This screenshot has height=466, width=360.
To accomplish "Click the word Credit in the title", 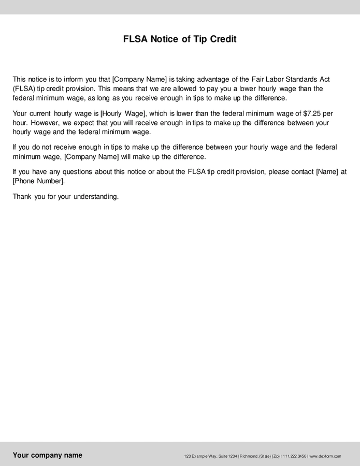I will pos(223,39).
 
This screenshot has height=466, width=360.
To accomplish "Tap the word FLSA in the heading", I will pos(135,39).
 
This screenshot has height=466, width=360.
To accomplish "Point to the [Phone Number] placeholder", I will pos(39,181).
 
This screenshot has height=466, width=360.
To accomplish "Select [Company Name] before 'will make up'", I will pos(92,156).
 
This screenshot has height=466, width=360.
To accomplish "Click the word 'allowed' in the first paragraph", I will pos(183,89).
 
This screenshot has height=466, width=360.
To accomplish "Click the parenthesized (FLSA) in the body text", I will pos(23,89).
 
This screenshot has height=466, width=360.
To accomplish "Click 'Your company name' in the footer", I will pos(47,455).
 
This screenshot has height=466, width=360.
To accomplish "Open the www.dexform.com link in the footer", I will pos(325,456).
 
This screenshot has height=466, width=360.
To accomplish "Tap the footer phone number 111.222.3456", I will pos(294,456).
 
